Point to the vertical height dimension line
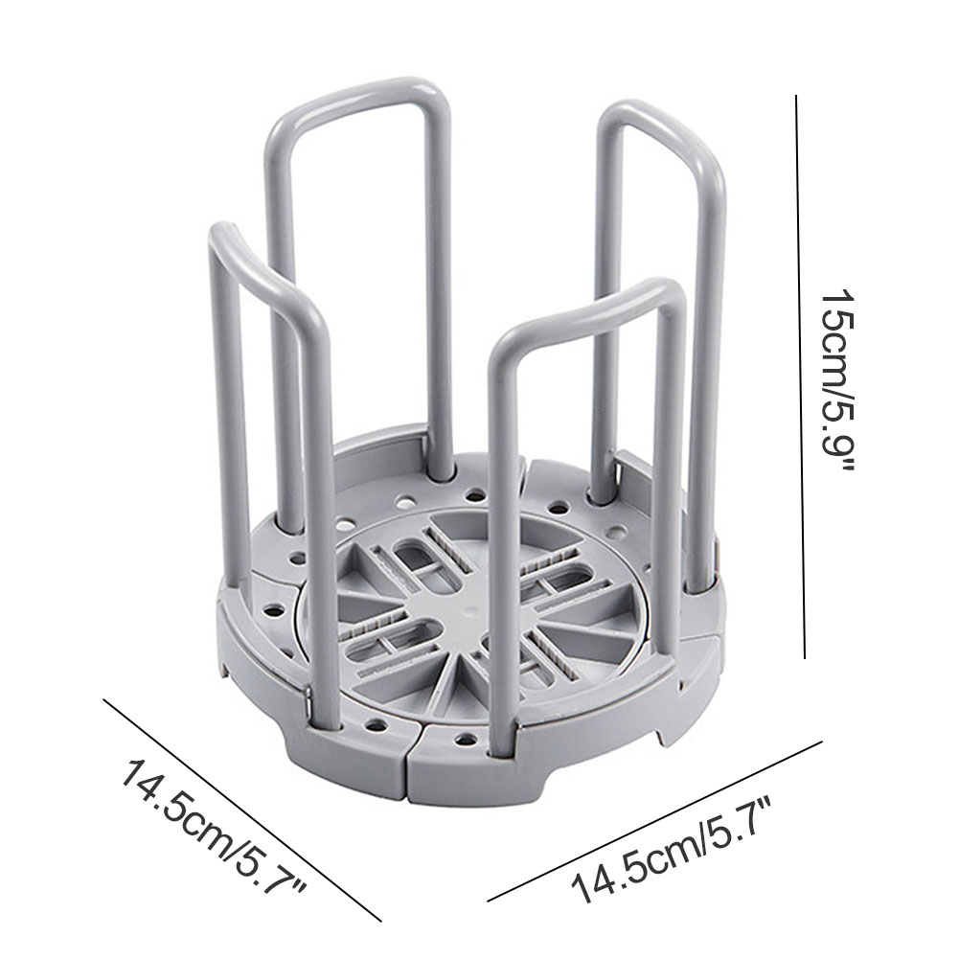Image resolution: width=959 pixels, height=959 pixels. (x=800, y=377)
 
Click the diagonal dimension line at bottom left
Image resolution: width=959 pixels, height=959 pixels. (x=242, y=810)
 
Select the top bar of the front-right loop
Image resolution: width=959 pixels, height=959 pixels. (x=587, y=309)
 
